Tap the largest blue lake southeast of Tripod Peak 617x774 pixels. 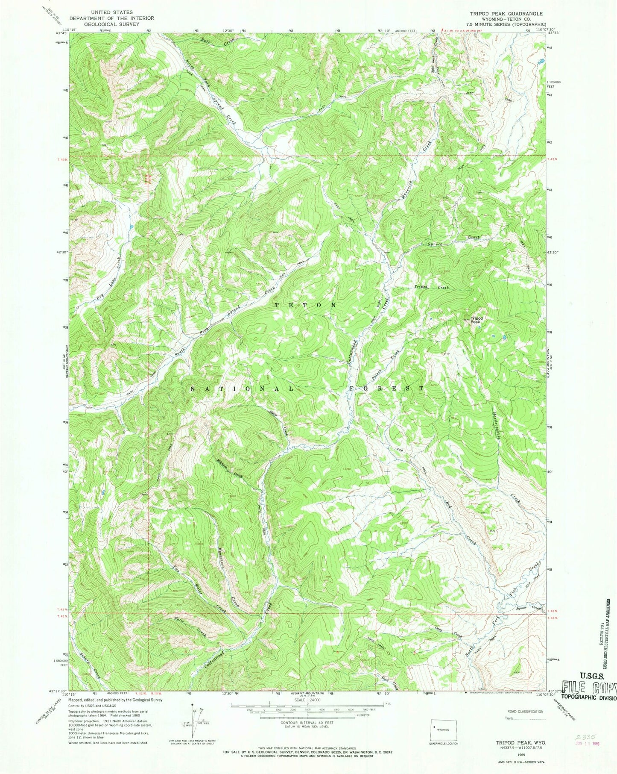coord(505,338)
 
